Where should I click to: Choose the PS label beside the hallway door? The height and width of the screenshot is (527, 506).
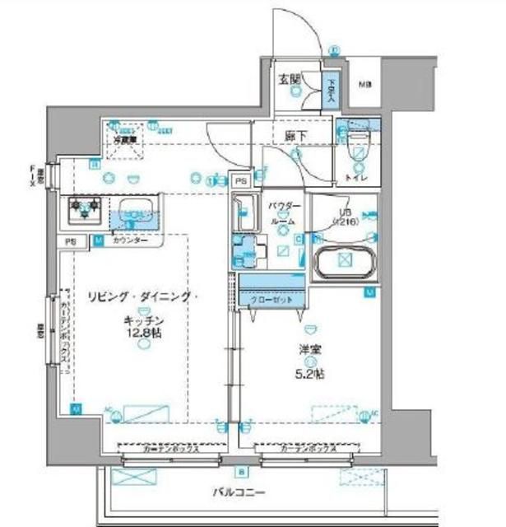pyautogui.click(x=241, y=180)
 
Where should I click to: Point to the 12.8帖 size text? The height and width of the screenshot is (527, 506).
pyautogui.click(x=144, y=333)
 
